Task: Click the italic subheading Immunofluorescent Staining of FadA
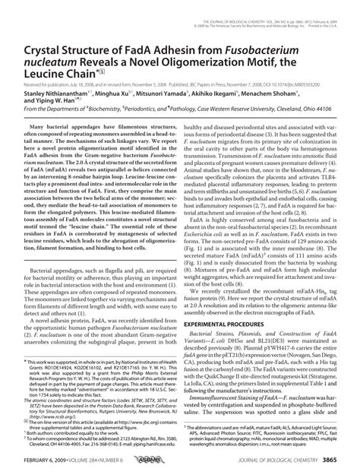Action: (x=239, y=400)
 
